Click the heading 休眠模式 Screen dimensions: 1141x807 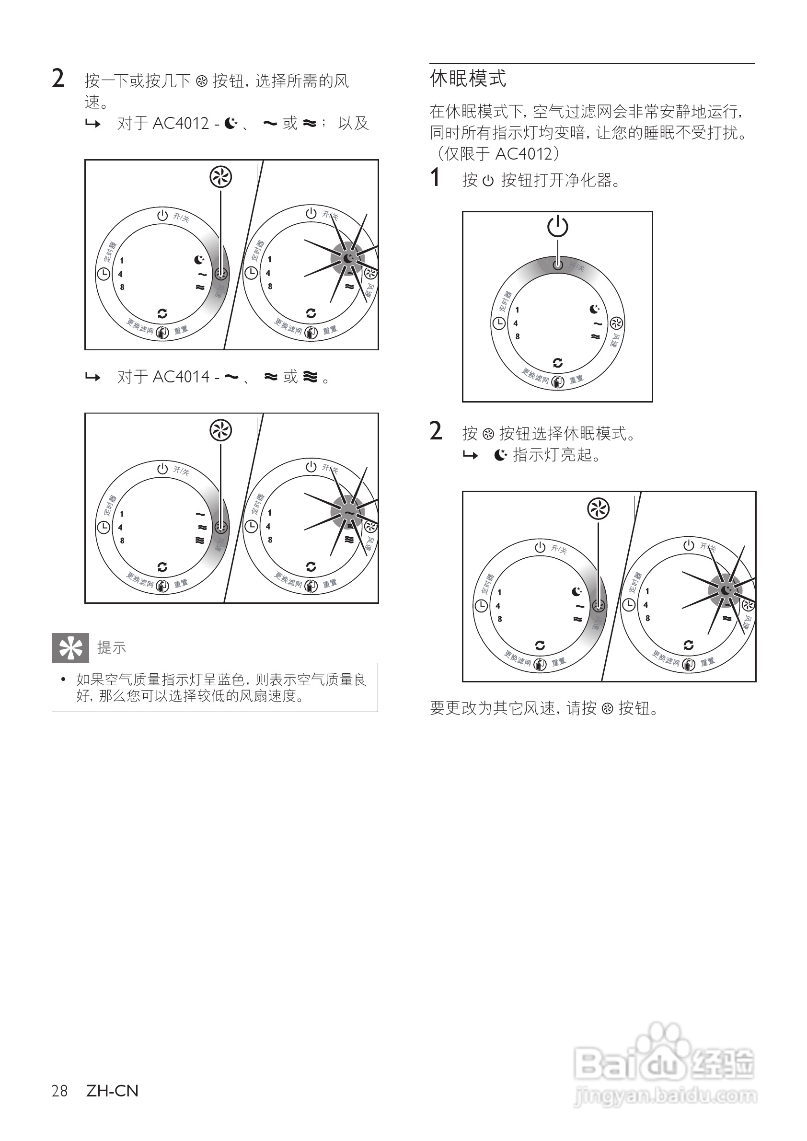coord(468,79)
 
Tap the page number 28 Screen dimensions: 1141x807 coord(59,1091)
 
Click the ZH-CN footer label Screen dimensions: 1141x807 coord(112,1091)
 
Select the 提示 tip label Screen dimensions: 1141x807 coord(111,648)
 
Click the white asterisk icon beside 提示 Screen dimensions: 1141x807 coord(70,648)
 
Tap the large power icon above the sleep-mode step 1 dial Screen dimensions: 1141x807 coord(557,227)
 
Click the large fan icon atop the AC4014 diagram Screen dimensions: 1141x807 coord(220,430)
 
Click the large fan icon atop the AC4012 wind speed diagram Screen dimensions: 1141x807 coord(220,177)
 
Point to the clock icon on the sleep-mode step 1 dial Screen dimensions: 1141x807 coord(498,323)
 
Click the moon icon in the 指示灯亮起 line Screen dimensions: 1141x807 coord(500,455)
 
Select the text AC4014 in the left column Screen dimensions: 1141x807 coord(181,377)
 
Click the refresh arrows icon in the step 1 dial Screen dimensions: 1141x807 coord(557,363)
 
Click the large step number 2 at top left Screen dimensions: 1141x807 coord(58,79)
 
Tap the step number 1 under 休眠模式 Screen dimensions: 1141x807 coord(435,178)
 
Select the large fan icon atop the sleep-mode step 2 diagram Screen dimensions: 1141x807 coord(598,509)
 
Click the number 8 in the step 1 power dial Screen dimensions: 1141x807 coord(517,336)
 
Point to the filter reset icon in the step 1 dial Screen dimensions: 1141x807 coord(557,381)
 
